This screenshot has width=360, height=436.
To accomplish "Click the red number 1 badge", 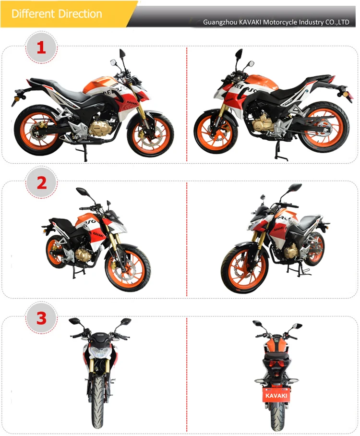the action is [41, 47].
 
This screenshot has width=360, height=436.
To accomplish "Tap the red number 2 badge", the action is [42, 182].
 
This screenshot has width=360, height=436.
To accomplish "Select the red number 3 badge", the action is [41, 318].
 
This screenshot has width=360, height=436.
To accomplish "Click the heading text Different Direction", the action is [57, 13].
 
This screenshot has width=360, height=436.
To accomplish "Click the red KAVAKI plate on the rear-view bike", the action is [276, 395].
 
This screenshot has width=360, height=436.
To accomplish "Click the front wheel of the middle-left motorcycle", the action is [128, 268].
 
